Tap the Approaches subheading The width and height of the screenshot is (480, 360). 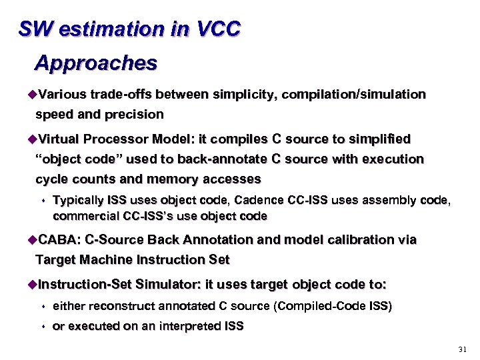96,63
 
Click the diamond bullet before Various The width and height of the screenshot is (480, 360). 31,95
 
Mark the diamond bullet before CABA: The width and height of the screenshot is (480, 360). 31,239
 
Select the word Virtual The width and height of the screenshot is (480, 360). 59,139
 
